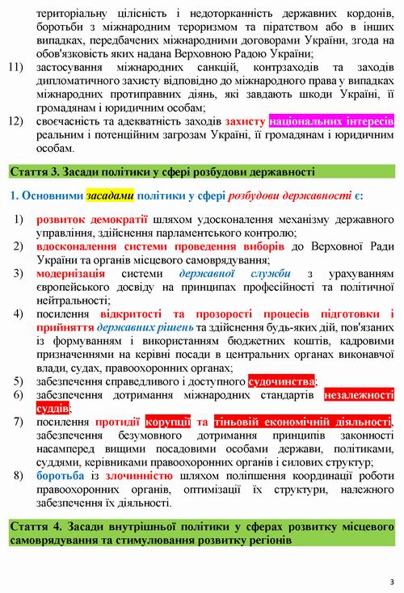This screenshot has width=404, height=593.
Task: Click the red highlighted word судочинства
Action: (281, 381)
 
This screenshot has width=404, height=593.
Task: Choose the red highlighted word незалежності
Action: (359, 395)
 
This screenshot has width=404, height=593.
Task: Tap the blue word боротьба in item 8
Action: (60, 476)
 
